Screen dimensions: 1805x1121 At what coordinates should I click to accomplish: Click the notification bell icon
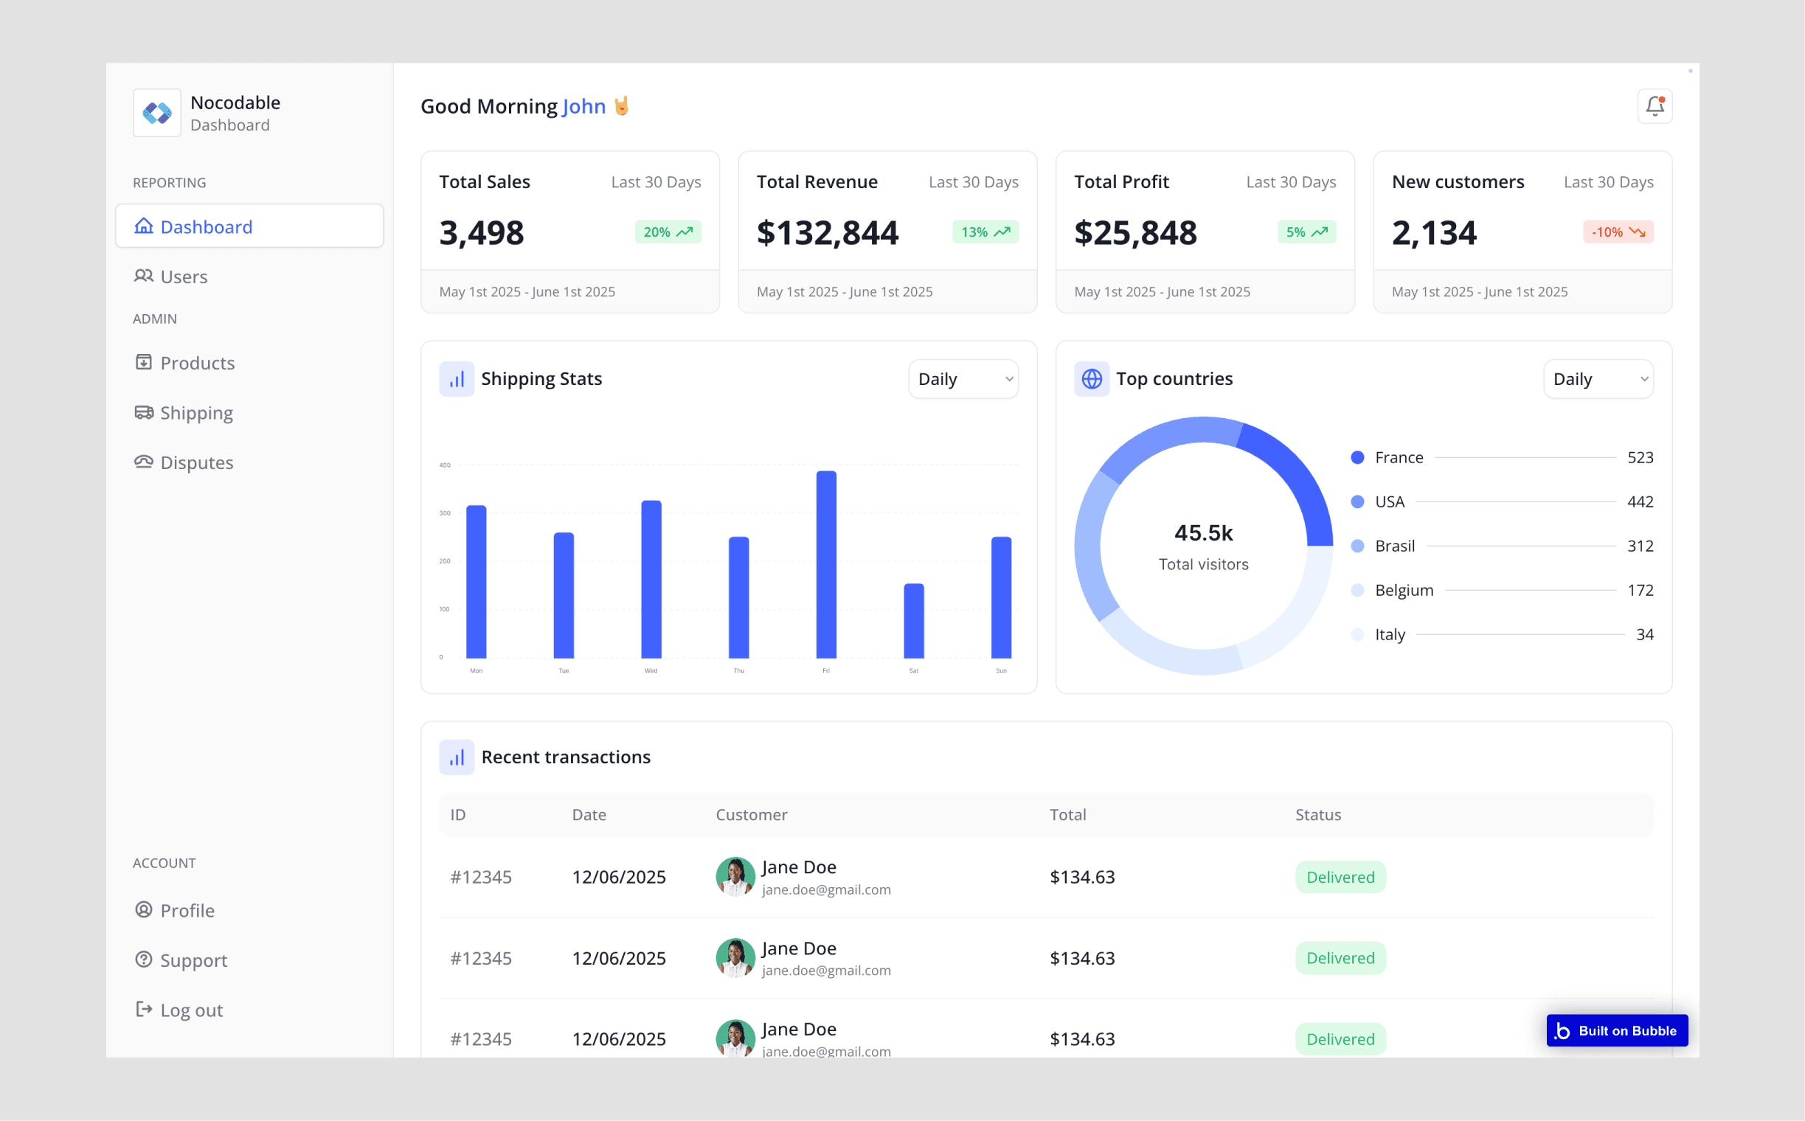point(1655,106)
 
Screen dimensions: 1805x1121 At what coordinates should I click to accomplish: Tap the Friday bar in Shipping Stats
point(826,564)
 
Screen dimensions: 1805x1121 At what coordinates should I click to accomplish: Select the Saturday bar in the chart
point(914,620)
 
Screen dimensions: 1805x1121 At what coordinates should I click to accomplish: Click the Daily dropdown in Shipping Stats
point(963,379)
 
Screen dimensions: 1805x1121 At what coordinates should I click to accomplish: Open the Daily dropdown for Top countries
point(1598,379)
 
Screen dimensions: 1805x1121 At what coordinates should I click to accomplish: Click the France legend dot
point(1357,457)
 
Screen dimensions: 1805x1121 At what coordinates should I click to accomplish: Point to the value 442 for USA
point(1640,502)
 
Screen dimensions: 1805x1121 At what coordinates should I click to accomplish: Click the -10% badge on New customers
point(1618,232)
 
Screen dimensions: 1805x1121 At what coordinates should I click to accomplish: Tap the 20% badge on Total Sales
point(668,232)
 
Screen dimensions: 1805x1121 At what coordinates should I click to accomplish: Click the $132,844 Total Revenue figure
point(828,233)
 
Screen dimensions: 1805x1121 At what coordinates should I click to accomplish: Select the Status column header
point(1317,815)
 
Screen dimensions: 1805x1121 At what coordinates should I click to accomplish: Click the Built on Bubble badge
point(1617,1030)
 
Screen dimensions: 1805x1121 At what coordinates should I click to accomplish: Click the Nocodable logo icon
point(157,113)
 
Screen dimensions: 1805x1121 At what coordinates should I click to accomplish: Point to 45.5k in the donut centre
point(1204,532)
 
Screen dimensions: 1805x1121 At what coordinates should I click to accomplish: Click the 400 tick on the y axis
point(445,465)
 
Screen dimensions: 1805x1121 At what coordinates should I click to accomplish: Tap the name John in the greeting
point(584,106)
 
